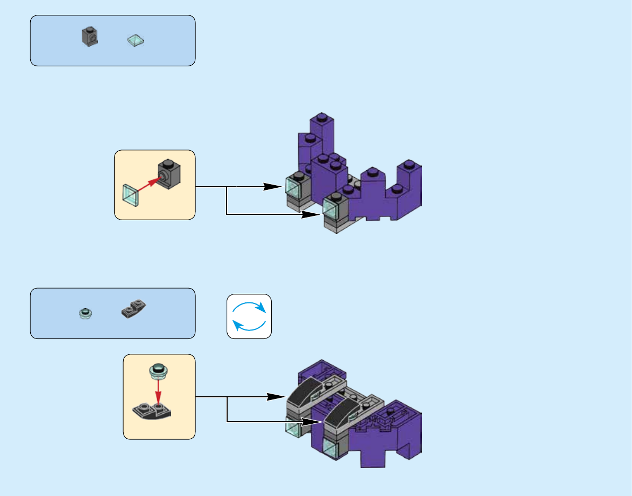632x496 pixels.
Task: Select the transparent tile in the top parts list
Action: (x=136, y=40)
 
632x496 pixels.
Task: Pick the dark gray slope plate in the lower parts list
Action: (x=134, y=308)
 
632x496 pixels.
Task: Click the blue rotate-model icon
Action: (x=249, y=316)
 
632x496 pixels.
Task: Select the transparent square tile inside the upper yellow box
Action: (x=131, y=195)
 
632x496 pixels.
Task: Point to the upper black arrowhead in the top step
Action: (x=273, y=187)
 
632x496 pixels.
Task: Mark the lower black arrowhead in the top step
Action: (x=310, y=214)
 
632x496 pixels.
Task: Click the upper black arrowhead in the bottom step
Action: (x=274, y=396)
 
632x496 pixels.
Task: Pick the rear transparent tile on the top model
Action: (x=293, y=186)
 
